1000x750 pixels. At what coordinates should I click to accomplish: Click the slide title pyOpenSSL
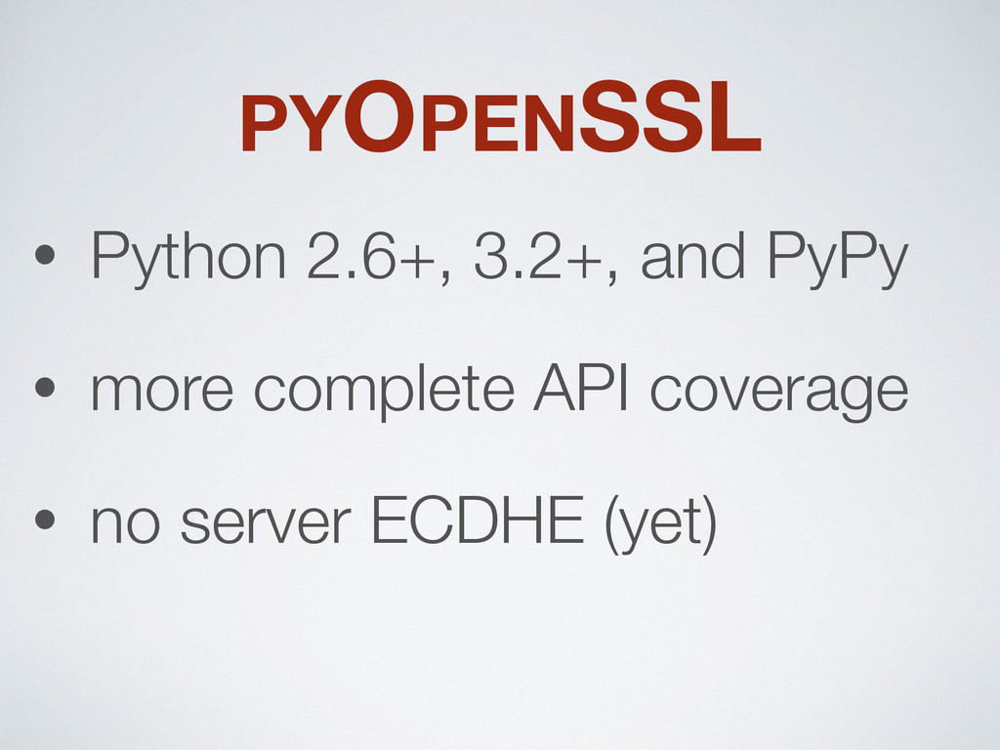click(x=501, y=117)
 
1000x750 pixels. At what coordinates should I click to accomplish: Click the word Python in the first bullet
click(x=188, y=258)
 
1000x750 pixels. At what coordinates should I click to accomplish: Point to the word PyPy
click(x=837, y=259)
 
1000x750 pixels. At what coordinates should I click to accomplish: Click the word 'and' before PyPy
click(x=692, y=255)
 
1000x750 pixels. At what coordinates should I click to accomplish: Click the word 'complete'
click(x=384, y=391)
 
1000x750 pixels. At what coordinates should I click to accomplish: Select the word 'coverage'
click(x=778, y=394)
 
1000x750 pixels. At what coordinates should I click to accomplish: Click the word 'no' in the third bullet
click(x=125, y=523)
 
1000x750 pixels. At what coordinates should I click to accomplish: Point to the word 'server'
click(x=266, y=523)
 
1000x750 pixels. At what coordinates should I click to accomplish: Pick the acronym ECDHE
click(x=477, y=520)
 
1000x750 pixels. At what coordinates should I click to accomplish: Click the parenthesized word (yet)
click(x=661, y=523)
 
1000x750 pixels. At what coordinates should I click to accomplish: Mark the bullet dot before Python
click(x=45, y=255)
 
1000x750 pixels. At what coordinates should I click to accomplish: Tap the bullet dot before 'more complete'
click(x=45, y=387)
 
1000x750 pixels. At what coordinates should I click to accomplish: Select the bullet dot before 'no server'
click(x=45, y=520)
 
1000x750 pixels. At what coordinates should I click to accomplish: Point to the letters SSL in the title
click(x=670, y=117)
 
